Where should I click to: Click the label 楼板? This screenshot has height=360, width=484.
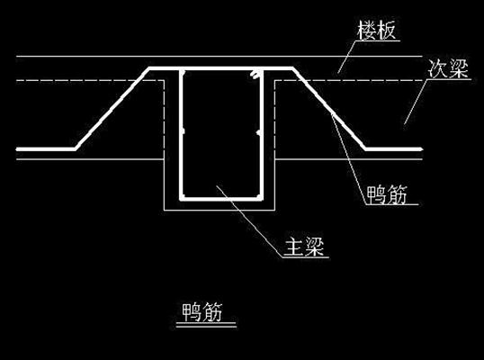[376, 31]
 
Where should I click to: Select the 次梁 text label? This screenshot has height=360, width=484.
[448, 68]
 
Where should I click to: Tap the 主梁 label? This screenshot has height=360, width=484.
[304, 246]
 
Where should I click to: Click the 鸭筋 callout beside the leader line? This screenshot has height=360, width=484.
[387, 194]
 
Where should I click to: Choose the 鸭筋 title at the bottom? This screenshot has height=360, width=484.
[202, 312]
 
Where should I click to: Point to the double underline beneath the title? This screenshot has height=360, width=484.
[206, 325]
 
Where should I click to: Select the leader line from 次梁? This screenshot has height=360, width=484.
[416, 102]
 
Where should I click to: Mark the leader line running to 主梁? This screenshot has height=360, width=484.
[249, 220]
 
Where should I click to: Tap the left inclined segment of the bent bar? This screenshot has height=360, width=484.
[112, 108]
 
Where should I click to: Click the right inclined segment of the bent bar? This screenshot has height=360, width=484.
[329, 108]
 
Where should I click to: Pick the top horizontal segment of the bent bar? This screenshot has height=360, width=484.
[220, 68]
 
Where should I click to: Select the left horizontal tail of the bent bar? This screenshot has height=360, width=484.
[46, 149]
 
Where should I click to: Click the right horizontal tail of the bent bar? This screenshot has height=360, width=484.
[394, 149]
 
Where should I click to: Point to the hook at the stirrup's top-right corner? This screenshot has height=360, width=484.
[255, 74]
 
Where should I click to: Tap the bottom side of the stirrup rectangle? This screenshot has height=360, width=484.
[221, 199]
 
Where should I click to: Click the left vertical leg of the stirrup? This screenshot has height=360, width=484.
[181, 134]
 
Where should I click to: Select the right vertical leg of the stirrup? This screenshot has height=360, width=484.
[262, 134]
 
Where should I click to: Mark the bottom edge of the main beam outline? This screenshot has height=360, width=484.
[220, 211]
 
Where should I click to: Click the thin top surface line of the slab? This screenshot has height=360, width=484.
[220, 56]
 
